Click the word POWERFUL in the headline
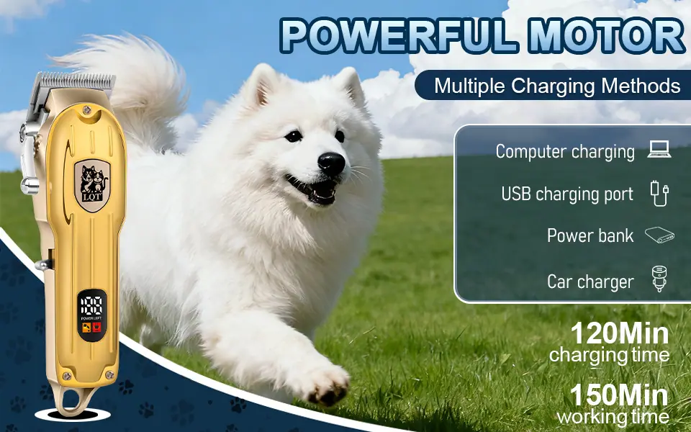point(398,36)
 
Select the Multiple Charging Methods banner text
point(557,86)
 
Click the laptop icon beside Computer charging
point(659,150)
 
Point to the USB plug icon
point(659,193)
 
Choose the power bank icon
point(659,235)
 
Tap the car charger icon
point(659,279)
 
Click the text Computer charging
point(565,152)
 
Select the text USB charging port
point(567,194)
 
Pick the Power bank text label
point(590,235)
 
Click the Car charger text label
point(590,282)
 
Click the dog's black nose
point(331,163)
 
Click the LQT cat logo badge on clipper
point(92,185)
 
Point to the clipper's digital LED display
point(92,315)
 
